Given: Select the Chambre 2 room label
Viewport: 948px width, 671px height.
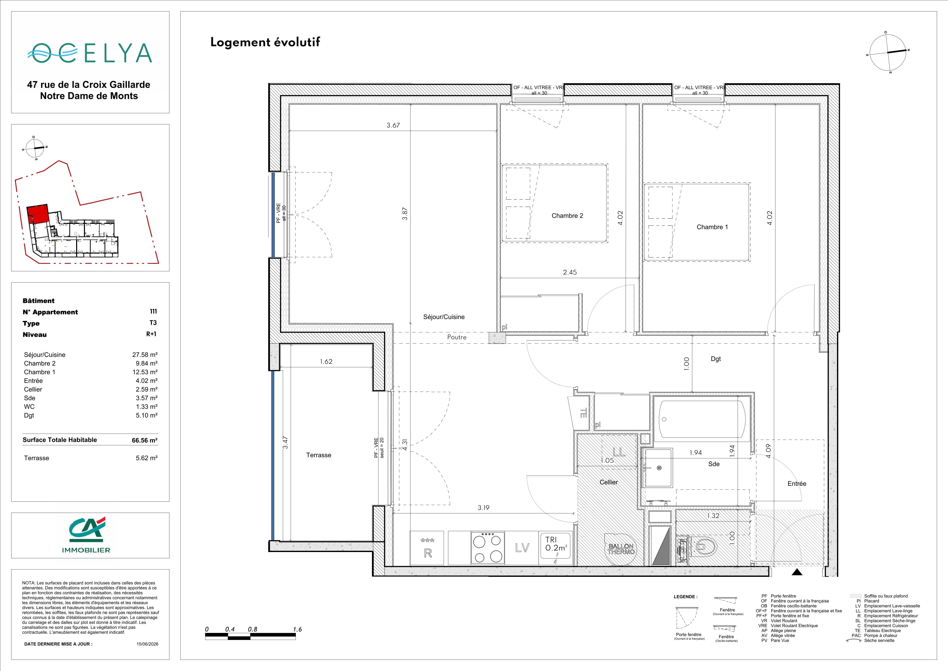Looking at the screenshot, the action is (x=567, y=216).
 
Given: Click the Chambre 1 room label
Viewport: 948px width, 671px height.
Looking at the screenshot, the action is (x=712, y=227).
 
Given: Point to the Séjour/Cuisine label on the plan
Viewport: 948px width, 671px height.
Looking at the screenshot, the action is (x=444, y=317).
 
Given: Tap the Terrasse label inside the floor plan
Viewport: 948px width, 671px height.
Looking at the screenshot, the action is (x=318, y=455).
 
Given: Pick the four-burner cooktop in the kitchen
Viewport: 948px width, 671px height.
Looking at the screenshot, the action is (x=488, y=548).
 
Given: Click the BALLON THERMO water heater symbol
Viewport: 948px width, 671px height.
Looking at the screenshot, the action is (x=621, y=549).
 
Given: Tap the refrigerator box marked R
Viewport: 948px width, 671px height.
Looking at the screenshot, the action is (x=428, y=548).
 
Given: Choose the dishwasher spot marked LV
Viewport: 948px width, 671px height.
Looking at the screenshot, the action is (x=522, y=548).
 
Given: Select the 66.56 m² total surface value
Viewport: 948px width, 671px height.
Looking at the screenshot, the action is (x=144, y=440).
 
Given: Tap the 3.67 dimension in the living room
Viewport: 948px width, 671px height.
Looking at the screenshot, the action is (x=393, y=125).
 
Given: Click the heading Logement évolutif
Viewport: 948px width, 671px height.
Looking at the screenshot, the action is (x=265, y=42).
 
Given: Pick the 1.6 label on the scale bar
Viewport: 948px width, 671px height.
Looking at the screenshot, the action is (x=297, y=629).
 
